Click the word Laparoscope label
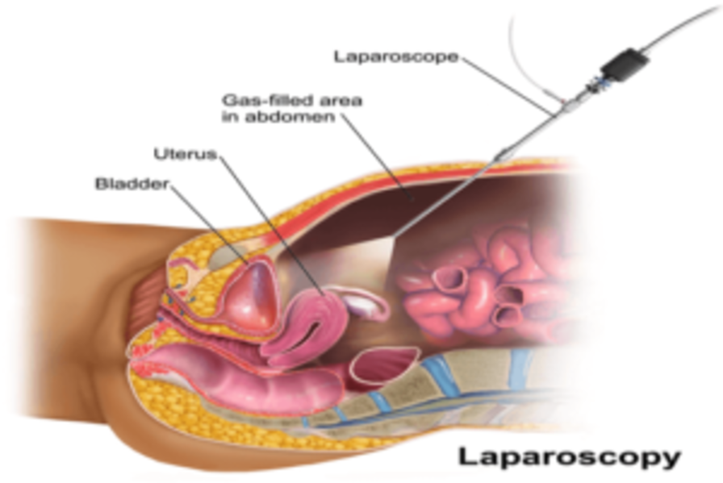pos(396,57)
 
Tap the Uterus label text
pos(186,154)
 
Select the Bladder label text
pos(132,184)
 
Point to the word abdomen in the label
pos(290,117)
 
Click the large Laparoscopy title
pos(570,457)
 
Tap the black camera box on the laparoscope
pos(625,62)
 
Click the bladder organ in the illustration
pos(251,295)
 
